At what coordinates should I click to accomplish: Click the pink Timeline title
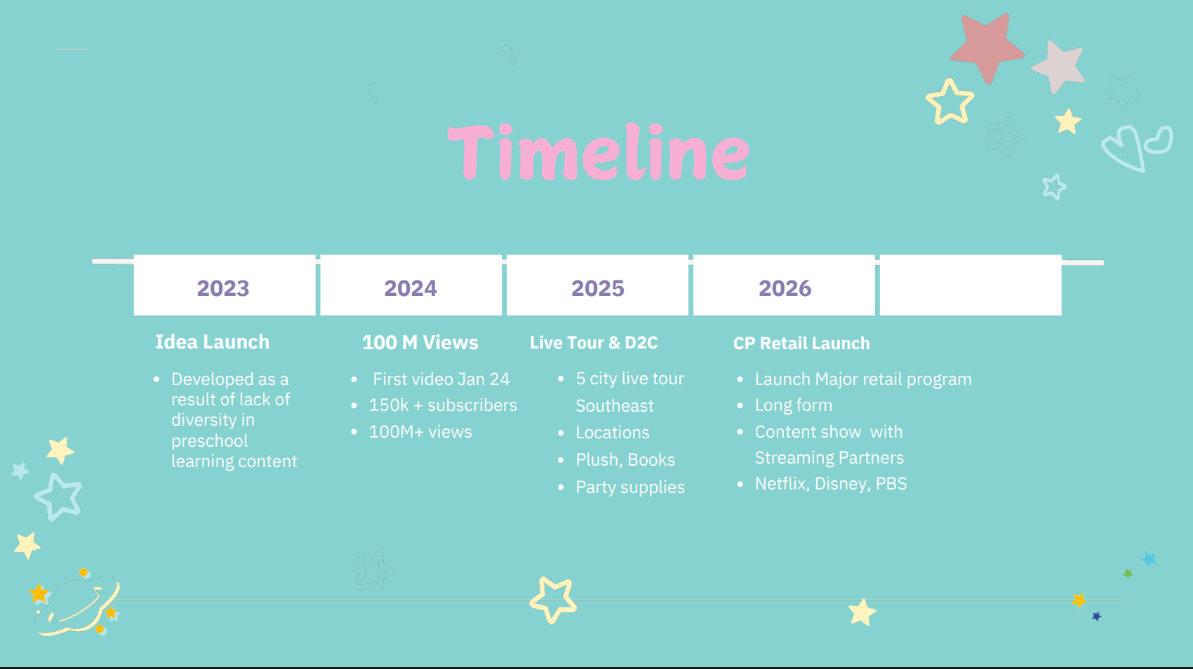[x=599, y=152]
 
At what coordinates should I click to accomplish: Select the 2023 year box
[x=225, y=285]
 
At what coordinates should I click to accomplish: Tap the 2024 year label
[x=411, y=288]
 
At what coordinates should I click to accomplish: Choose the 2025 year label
[x=598, y=288]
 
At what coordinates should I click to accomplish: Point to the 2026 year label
[x=785, y=288]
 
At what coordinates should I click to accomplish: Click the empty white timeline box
[x=971, y=285]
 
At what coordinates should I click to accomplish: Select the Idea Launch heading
[x=212, y=342]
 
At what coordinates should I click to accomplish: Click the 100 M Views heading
[x=420, y=343]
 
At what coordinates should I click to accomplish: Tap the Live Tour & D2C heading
[x=594, y=343]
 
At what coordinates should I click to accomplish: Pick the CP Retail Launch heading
[x=801, y=344]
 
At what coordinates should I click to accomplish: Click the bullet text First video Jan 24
[x=441, y=379]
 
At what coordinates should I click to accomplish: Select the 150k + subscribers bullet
[x=443, y=405]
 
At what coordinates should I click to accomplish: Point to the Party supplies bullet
[x=630, y=487]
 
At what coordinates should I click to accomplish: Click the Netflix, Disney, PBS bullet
[x=831, y=484]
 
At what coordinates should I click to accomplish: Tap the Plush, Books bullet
[x=625, y=460]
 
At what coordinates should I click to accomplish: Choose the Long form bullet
[x=794, y=405]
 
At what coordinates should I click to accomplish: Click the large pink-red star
[x=987, y=48]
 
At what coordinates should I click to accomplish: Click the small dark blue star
[x=1097, y=616]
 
